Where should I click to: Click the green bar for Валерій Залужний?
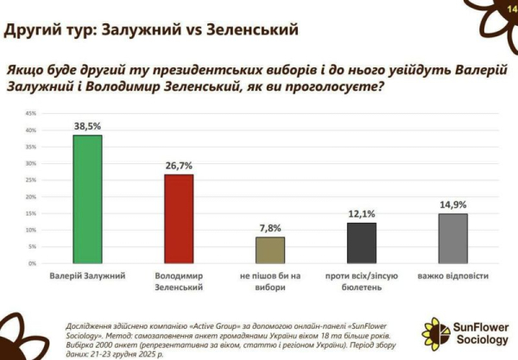pyautogui.click(x=87, y=199)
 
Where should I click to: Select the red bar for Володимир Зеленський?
pyautogui.click(x=179, y=218)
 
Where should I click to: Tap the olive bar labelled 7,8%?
pyautogui.click(x=270, y=249)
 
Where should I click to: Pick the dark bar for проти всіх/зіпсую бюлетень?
pyautogui.click(x=362, y=243)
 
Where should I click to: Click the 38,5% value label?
pyautogui.click(x=87, y=126)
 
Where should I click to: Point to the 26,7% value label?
pyautogui.click(x=179, y=166)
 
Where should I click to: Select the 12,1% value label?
pyautogui.click(x=362, y=214)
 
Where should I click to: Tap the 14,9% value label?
pyautogui.click(x=453, y=205)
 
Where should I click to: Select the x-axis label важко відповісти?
pyautogui.click(x=453, y=276)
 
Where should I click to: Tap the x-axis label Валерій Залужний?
pyautogui.click(x=87, y=276)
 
